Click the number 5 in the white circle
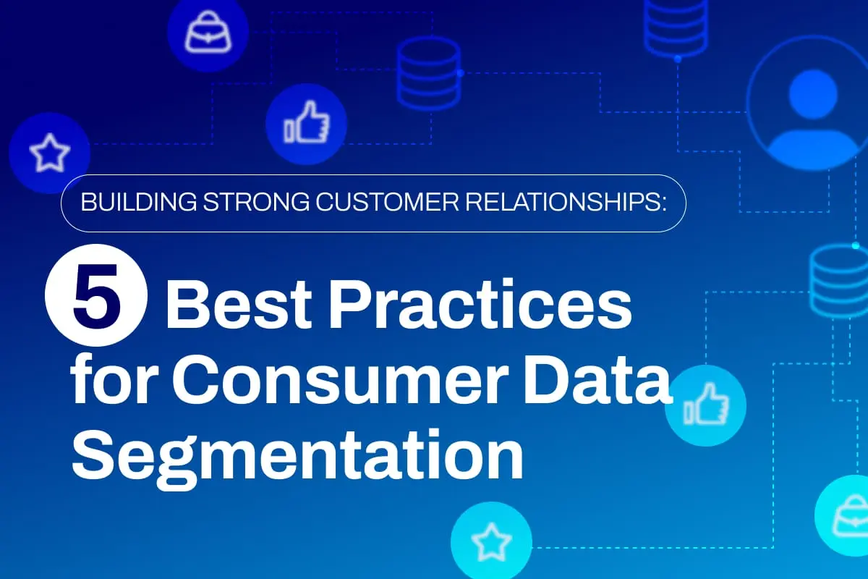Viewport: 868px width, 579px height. coord(96,296)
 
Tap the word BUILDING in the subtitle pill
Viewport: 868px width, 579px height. coord(139,202)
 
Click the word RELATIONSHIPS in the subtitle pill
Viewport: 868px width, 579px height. coord(563,202)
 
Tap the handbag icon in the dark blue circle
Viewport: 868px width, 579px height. coord(208,32)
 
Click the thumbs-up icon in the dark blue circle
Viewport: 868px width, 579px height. coord(307,122)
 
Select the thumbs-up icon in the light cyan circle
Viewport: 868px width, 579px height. coord(706,404)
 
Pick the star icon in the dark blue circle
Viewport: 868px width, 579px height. coord(50,153)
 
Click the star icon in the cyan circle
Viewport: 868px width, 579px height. coord(491,542)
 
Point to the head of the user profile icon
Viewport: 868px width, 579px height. coord(813,94)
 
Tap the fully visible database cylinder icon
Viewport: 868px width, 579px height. coord(429,74)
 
